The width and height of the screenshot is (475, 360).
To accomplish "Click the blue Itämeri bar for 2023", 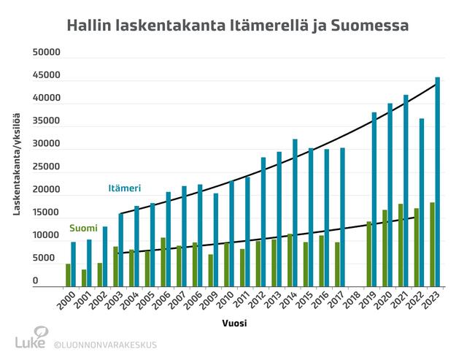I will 438,182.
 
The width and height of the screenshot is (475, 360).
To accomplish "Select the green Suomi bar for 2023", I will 432,245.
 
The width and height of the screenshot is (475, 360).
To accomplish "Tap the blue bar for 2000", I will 73,264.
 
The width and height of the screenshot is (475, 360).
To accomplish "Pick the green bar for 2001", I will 84,277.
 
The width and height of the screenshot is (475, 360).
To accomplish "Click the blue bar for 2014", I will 296,212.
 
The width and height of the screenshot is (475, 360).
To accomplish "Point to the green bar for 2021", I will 401,245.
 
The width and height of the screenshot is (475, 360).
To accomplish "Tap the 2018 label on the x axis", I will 352,301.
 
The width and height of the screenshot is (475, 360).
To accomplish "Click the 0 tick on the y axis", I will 35,281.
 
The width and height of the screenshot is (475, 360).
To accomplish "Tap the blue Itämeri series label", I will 125,188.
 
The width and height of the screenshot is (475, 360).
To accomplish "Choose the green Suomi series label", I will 83,228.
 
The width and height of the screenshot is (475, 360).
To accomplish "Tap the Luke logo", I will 31,340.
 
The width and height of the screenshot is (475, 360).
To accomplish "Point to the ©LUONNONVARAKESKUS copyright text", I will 105,344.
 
